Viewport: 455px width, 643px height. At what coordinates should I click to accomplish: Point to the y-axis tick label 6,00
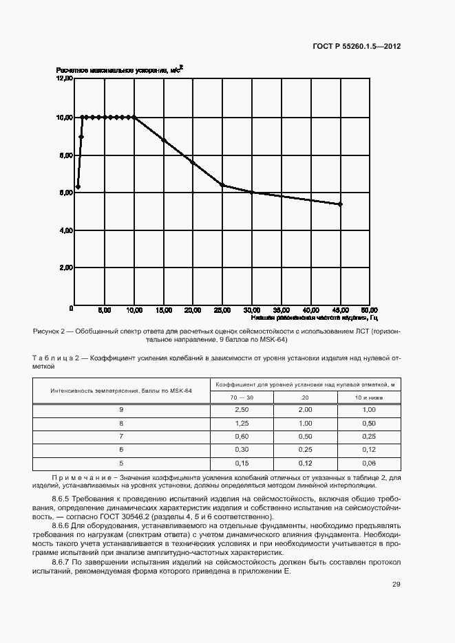(x=64, y=193)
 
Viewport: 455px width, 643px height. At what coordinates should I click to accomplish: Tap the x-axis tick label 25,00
(x=222, y=310)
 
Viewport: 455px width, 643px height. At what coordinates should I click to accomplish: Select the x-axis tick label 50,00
(x=368, y=310)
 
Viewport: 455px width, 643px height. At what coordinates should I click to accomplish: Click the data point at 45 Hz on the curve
(x=340, y=204)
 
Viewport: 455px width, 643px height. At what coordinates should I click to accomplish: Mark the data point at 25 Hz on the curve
(x=222, y=185)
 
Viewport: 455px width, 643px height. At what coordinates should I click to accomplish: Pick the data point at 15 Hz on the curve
(x=163, y=140)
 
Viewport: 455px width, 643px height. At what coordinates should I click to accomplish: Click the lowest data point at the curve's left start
(x=78, y=186)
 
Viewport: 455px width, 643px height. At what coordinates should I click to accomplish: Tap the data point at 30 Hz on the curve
(x=252, y=193)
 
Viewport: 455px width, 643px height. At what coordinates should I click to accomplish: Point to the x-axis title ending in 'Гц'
(x=314, y=318)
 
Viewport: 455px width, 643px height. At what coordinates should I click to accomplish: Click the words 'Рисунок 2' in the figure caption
(x=49, y=331)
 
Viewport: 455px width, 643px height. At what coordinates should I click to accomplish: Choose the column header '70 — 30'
(x=241, y=397)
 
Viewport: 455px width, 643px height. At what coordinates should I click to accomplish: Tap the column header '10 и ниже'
(x=368, y=397)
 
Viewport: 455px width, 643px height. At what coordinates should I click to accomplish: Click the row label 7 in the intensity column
(x=121, y=435)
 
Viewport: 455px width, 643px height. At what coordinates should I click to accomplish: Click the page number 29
(x=396, y=585)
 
